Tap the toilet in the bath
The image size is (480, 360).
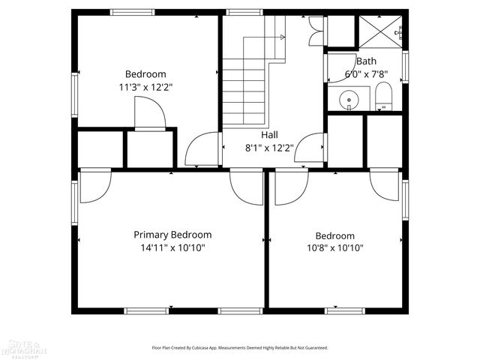[383, 96]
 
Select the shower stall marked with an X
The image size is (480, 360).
[381, 31]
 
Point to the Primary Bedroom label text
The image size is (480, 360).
[172, 235]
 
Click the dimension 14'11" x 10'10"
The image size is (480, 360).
[172, 247]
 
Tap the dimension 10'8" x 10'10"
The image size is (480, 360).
[334, 247]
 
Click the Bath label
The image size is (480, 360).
[367, 61]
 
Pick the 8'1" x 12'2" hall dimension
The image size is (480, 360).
[269, 148]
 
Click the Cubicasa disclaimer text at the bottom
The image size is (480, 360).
[240, 348]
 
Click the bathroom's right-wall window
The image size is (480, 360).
[405, 66]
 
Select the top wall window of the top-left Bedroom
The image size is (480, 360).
[132, 12]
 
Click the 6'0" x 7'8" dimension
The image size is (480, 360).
[367, 74]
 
